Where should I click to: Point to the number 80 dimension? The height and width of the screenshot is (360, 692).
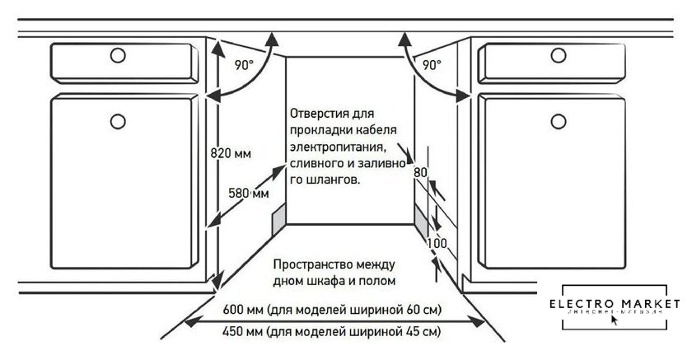pos(420,173)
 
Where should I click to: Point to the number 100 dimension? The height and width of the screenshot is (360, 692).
pos(437,245)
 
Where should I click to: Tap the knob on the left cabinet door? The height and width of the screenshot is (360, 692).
pos(116,123)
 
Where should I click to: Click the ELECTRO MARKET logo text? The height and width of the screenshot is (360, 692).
pos(619,303)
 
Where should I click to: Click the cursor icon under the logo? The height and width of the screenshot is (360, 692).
pos(614,320)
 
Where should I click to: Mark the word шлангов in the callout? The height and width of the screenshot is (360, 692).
pos(336,178)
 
